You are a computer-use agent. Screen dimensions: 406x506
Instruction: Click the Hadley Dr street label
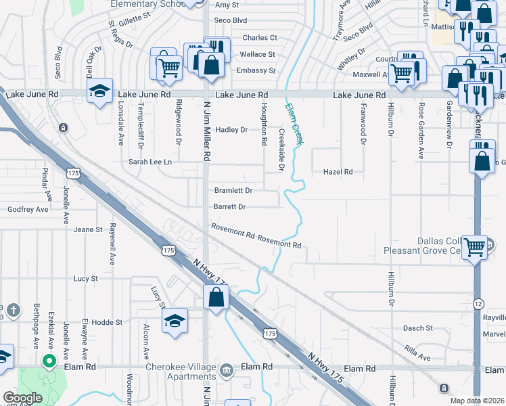coord(231,130)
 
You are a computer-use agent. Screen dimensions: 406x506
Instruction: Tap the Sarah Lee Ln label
coord(150,162)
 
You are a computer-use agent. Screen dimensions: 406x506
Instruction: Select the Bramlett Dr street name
coord(233,191)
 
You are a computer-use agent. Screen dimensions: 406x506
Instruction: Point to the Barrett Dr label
coord(229,207)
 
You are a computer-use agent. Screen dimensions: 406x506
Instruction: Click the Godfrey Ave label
coord(28,210)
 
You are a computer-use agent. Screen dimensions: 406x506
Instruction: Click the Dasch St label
coord(417,328)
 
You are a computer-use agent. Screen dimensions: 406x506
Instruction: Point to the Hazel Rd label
coord(338,173)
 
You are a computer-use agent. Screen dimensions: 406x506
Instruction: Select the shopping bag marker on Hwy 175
coord(216,297)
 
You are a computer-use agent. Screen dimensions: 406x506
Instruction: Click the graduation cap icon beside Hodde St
coord(175,321)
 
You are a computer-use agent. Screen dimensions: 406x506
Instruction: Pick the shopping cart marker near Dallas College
coord(475,248)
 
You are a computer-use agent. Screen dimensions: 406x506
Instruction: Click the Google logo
coord(23,398)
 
